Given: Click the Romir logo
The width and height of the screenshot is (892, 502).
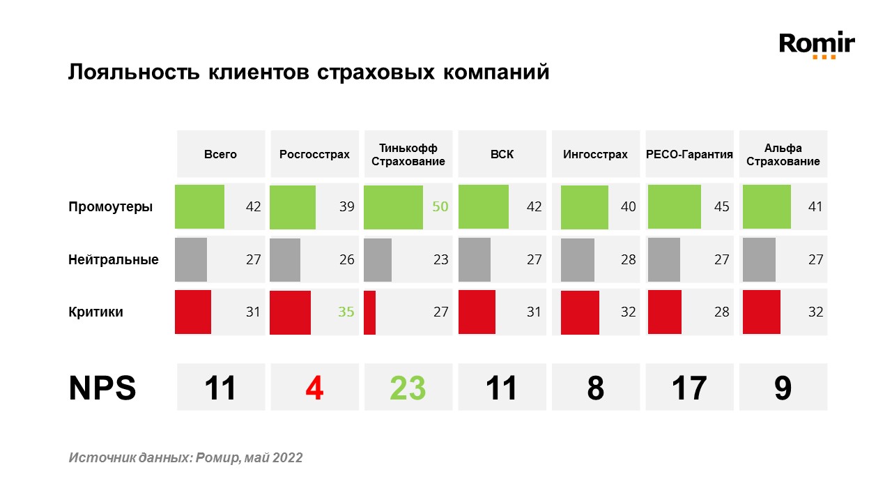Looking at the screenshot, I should coord(817,45).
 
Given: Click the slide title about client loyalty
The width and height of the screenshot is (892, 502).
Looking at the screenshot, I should coord(309,73).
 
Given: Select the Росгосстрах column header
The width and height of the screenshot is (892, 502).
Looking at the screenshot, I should coord(314,154).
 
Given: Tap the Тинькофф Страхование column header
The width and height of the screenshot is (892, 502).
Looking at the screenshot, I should coord(408,154).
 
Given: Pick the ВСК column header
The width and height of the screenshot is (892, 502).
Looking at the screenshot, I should coord(502,154).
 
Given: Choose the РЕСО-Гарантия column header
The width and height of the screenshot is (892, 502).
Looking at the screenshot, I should coord(689,154).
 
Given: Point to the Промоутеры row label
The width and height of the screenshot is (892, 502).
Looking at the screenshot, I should coord(110,206).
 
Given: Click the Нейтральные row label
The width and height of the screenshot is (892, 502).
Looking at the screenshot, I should coord(114,259).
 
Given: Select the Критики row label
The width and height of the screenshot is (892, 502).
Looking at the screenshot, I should coord(95,312).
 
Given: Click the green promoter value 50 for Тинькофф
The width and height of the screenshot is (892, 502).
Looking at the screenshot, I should coord(440,206).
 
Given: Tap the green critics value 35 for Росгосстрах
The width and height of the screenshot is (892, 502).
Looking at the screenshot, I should coord(346,312).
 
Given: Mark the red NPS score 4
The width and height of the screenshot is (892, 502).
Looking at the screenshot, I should coord(314,388).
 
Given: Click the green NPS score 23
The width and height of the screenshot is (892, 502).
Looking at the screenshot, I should coord(408,388).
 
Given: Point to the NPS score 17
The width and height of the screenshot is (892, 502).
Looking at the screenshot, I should coord(689,388).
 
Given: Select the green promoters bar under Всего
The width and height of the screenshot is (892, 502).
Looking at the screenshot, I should coord(199,206).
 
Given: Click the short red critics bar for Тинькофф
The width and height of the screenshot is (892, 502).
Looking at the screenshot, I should coord(369,312).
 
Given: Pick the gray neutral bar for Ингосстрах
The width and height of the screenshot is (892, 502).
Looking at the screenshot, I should coord(577,260).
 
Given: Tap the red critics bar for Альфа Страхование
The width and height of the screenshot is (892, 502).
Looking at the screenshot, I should coord(761,312).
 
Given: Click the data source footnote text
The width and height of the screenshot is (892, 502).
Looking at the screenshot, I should coord(186,457).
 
